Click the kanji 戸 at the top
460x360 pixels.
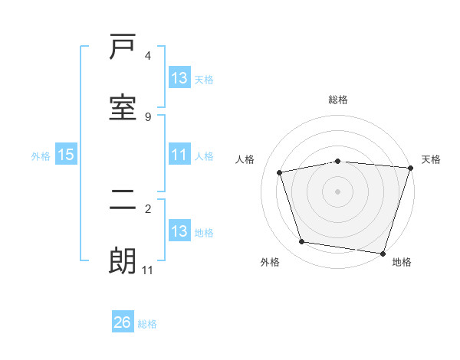click(123, 49)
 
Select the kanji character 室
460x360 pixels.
click(123, 107)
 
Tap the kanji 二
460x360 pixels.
click(123, 204)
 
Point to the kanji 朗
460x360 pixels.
click(123, 262)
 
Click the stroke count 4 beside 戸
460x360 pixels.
click(148, 56)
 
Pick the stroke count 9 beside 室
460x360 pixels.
click(148, 116)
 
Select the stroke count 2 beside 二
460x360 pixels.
click(148, 208)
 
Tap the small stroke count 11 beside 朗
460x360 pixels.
click(148, 270)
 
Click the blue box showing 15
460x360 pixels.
click(66, 155)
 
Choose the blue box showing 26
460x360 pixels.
click(123, 322)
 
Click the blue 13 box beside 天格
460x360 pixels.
click(179, 78)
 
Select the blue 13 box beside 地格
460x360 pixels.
click(179, 231)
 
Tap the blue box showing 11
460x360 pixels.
click(179, 155)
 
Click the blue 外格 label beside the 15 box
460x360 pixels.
click(41, 155)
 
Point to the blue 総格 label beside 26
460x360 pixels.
click(147, 324)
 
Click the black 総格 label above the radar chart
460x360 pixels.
click(338, 100)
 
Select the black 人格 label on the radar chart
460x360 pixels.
click(245, 159)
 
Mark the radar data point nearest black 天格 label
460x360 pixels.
click(410, 168)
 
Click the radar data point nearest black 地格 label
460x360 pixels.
click(383, 253)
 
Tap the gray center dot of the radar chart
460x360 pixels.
click(338, 191)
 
